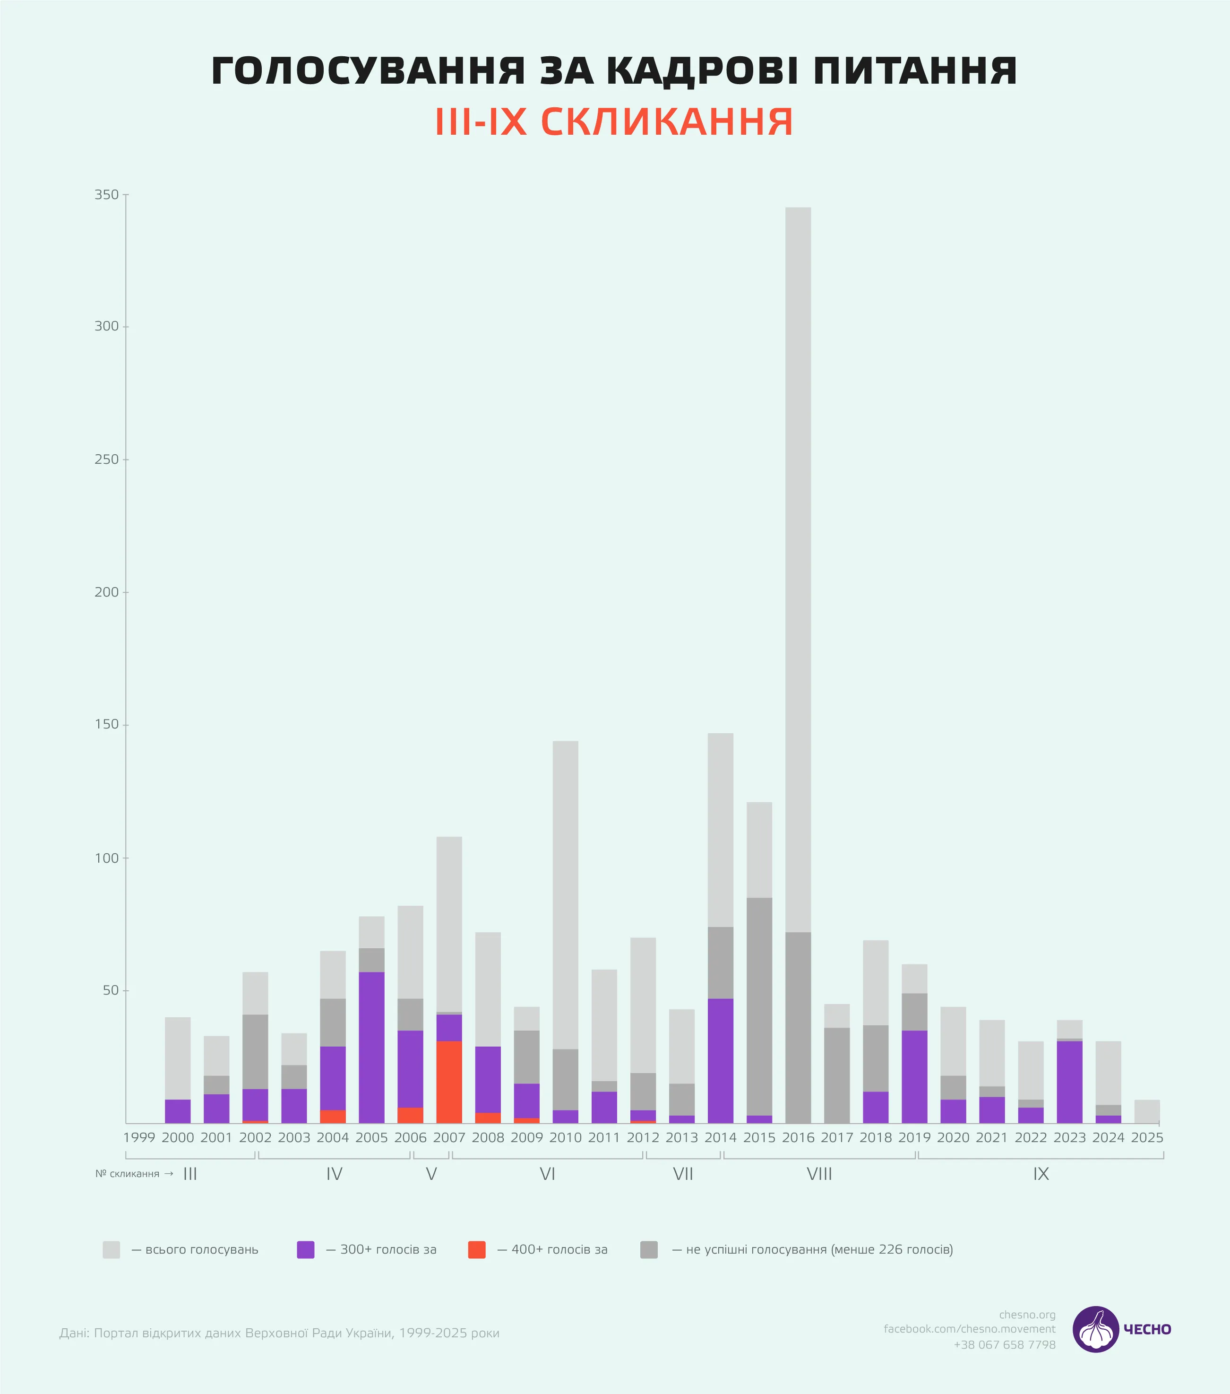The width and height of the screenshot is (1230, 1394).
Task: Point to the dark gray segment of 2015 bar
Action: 759,1006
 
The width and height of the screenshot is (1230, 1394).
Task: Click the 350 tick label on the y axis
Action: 106,195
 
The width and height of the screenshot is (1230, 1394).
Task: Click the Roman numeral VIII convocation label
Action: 819,1174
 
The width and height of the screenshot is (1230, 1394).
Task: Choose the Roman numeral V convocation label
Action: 431,1174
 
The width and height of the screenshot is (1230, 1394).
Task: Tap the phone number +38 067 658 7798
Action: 1004,1345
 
